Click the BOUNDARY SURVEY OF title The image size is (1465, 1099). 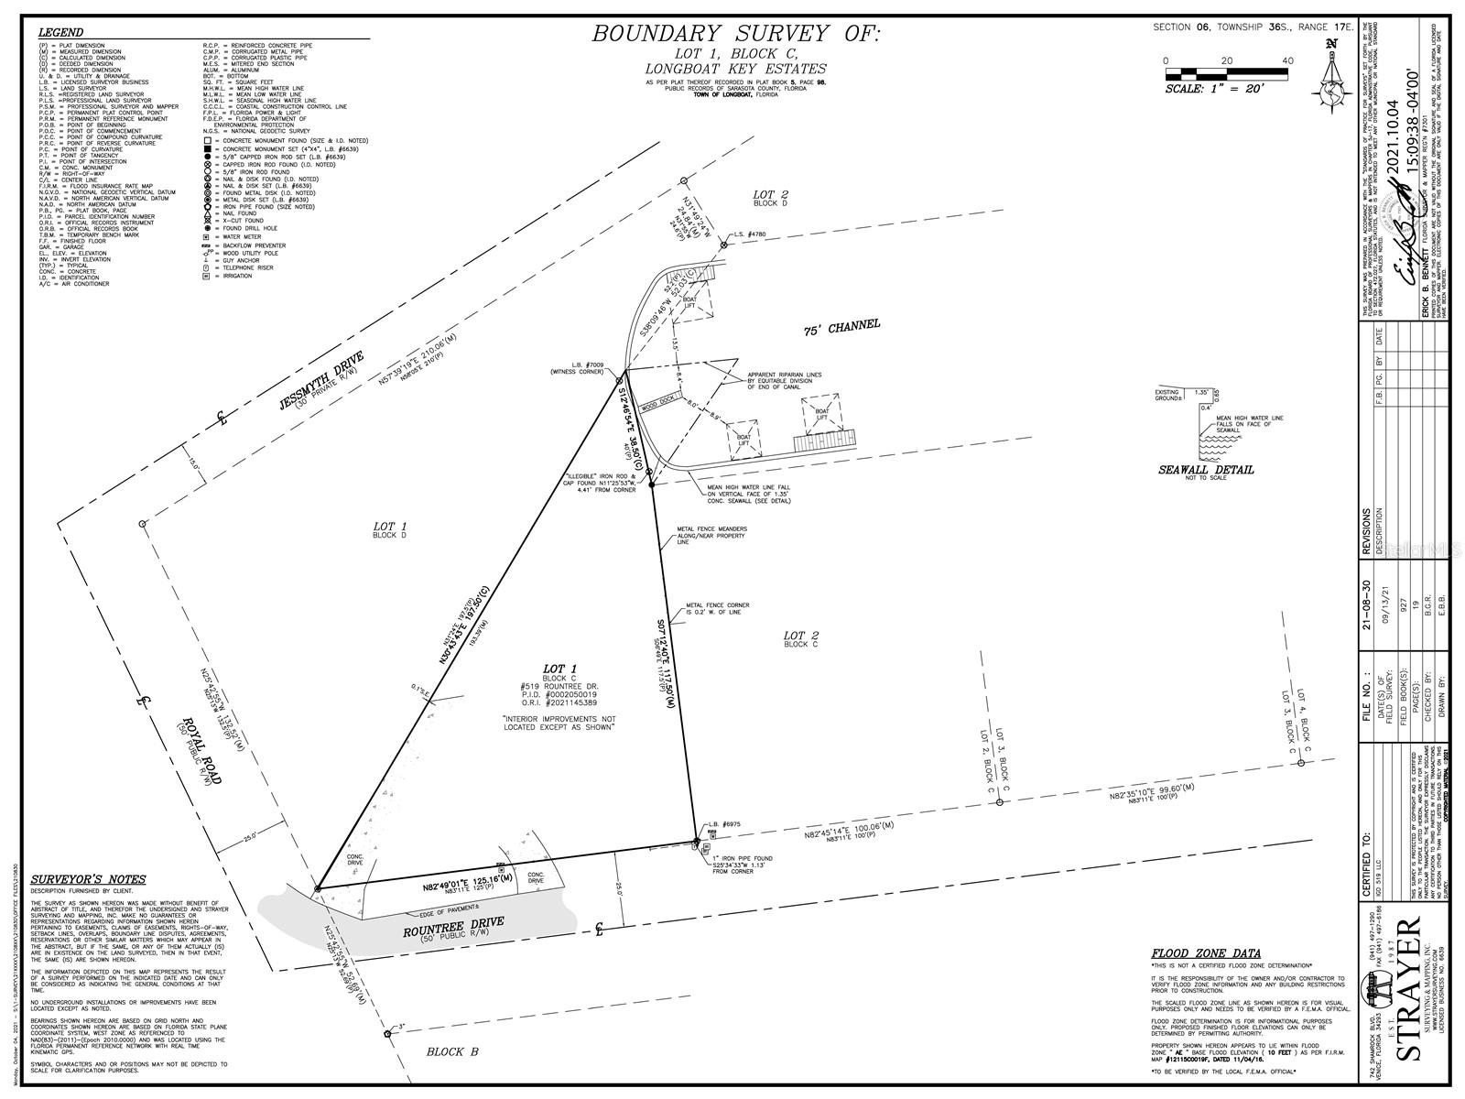point(735,35)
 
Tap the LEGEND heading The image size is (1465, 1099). point(61,33)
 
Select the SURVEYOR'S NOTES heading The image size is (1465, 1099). point(88,880)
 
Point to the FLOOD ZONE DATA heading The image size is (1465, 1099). point(1206,953)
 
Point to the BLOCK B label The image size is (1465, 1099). point(452,1051)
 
